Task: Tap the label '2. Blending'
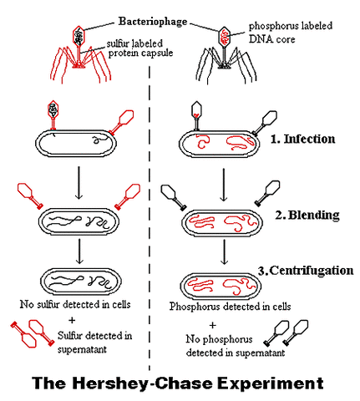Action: click(307, 215)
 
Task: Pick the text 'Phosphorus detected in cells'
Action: click(230, 306)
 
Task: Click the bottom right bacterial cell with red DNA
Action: click(223, 282)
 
